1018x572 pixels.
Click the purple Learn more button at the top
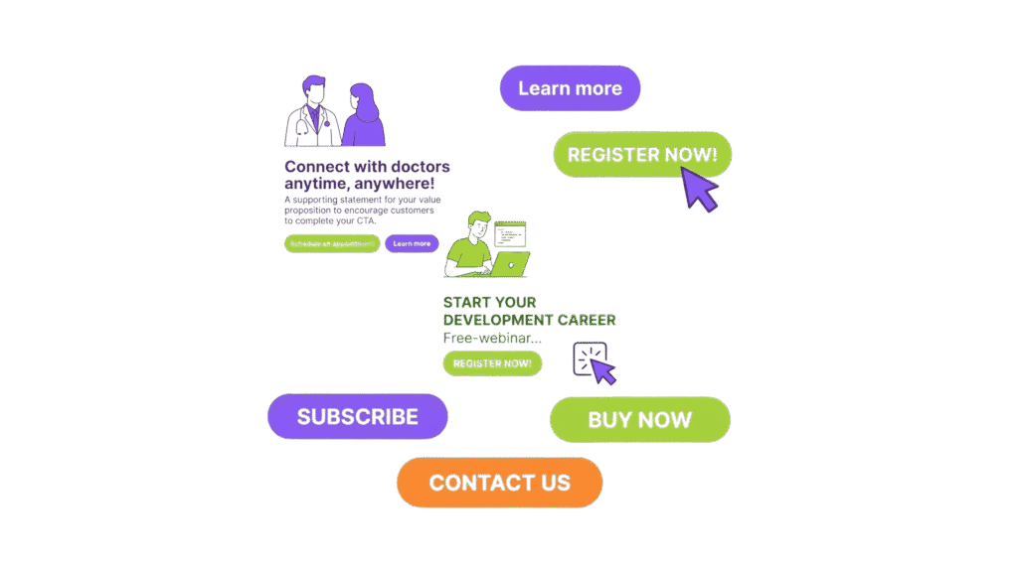pyautogui.click(x=570, y=88)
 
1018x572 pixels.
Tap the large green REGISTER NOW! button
pyautogui.click(x=641, y=154)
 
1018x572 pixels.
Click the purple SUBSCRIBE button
pyautogui.click(x=358, y=416)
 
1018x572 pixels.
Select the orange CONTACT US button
pyautogui.click(x=499, y=483)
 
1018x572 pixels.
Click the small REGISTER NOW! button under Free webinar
pyautogui.click(x=492, y=363)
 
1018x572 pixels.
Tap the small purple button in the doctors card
pyautogui.click(x=412, y=243)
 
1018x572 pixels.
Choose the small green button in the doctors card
pyautogui.click(x=332, y=243)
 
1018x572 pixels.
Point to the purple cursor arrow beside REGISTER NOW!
pyautogui.click(x=701, y=189)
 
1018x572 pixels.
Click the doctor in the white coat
pyautogui.click(x=313, y=114)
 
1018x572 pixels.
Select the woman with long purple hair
pyautogui.click(x=364, y=117)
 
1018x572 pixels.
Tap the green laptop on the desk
pyautogui.click(x=510, y=264)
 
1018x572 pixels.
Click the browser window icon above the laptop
pyautogui.click(x=511, y=233)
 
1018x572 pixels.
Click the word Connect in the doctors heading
pyautogui.click(x=316, y=167)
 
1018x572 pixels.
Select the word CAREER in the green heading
pyautogui.click(x=586, y=320)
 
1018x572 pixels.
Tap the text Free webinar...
pyautogui.click(x=485, y=338)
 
